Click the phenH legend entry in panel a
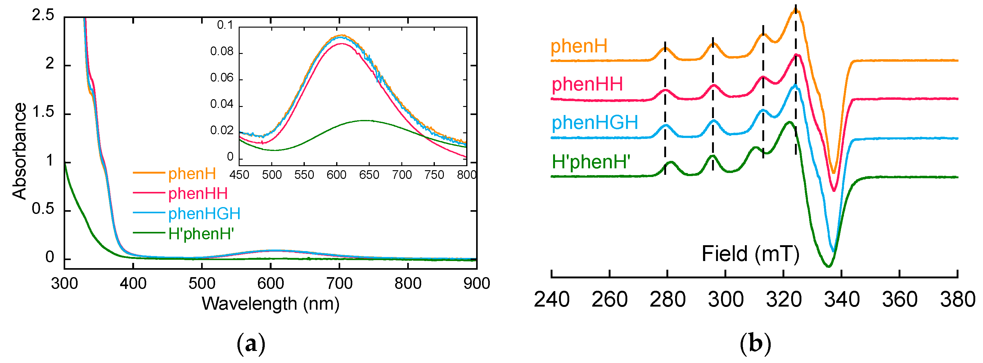[x=192, y=174]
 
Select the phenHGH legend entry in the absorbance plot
[x=204, y=214]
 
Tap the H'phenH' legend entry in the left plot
[x=201, y=233]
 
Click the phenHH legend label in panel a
[x=198, y=194]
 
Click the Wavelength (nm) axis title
[x=270, y=304]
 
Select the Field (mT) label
[x=750, y=254]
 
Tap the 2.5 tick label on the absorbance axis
[x=43, y=15]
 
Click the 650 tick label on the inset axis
[x=369, y=175]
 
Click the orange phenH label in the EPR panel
[x=579, y=46]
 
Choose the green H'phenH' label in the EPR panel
[x=591, y=162]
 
